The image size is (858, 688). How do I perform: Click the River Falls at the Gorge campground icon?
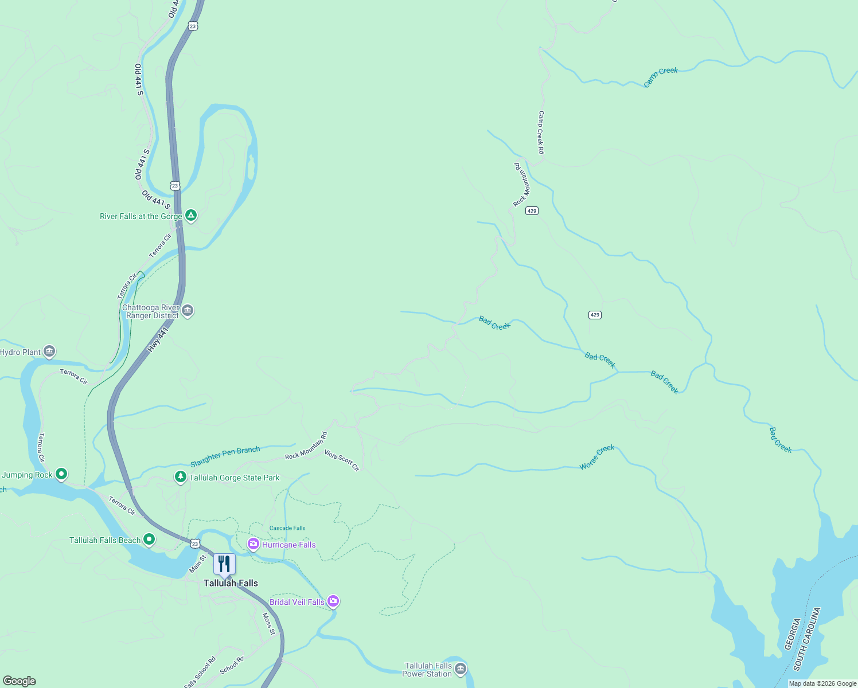(x=191, y=216)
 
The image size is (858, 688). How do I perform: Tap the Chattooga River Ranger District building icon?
(x=188, y=311)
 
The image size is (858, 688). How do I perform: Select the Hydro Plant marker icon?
(x=49, y=351)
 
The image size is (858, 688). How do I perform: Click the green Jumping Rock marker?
(x=61, y=474)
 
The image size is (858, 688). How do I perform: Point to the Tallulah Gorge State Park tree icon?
(x=181, y=477)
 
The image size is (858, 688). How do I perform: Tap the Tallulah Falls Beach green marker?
(x=149, y=540)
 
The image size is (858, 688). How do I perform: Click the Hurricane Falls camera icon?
(x=253, y=544)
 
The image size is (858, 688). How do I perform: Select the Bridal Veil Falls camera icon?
(x=333, y=601)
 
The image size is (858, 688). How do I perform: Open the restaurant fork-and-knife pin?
(x=224, y=564)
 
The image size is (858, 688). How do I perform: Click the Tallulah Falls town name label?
(x=231, y=583)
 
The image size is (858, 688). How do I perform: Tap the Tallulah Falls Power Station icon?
(x=460, y=669)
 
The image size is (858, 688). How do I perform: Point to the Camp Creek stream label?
(x=660, y=76)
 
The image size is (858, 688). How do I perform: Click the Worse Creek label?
(x=596, y=457)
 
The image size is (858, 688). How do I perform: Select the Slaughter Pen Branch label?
(x=225, y=456)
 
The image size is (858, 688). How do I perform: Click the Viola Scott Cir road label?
(x=342, y=460)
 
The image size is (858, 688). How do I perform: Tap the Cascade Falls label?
(x=287, y=528)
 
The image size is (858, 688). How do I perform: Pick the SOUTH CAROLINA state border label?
(x=808, y=639)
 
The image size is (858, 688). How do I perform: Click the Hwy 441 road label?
(x=158, y=340)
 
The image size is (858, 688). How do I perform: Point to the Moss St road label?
(x=268, y=624)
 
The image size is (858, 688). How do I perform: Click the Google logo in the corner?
(x=19, y=681)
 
